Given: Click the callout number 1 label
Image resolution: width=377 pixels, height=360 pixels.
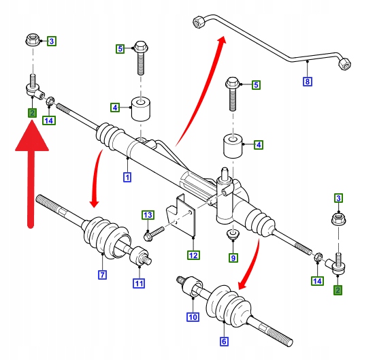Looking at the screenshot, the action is point(127,178).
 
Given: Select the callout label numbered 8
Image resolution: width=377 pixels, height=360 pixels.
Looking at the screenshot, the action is point(308,82).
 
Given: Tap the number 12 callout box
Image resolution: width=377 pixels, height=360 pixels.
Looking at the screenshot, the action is point(193,255).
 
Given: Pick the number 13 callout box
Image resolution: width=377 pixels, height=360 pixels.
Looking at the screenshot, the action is point(148,215).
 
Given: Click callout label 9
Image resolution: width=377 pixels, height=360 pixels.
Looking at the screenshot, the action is point(233,258).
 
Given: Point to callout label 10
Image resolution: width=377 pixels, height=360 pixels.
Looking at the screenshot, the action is point(193,317).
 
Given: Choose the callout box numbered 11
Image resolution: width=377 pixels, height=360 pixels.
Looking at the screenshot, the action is point(139,283).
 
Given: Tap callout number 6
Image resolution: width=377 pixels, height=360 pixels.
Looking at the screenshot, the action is point(224,342).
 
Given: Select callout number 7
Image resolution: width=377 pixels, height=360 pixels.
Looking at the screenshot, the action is point(103,275).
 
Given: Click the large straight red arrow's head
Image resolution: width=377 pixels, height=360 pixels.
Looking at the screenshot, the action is point(32,136).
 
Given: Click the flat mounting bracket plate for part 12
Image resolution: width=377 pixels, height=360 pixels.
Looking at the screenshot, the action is point(181,216).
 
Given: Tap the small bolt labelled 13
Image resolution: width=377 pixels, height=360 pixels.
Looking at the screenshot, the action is point(154,234).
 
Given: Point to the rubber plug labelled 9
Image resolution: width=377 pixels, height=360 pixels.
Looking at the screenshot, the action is point(233,233).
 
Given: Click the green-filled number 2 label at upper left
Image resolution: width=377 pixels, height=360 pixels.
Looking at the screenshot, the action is point(32,113).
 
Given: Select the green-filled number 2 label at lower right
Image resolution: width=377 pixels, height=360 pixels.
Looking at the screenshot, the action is point(338,290).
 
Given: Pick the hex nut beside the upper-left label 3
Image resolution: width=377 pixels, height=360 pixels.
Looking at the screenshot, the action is point(33,40).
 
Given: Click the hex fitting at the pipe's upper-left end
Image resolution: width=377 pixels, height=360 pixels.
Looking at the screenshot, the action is point(199,22).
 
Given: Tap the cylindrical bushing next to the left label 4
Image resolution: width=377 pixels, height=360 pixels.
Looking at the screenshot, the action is point(141,109).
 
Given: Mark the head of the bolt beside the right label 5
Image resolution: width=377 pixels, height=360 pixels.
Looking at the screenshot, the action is point(232,82).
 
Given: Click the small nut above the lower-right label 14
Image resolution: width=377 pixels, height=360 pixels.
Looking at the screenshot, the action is point(318,257).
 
